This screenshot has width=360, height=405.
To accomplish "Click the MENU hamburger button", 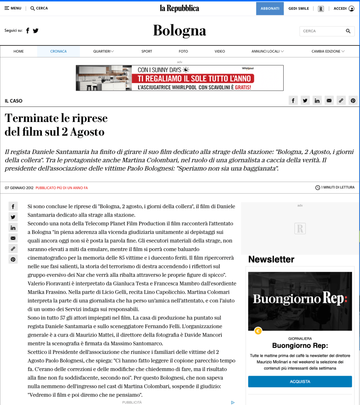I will pos(13,8).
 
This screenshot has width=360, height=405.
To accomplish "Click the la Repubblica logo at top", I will pos(180,8).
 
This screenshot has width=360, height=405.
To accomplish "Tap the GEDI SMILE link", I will pos(299,8).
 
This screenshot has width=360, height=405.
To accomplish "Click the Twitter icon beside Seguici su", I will pos(36,30).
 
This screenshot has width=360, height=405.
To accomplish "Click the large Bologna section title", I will pos(180,30).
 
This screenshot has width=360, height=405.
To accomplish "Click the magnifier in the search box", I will pos(348,31).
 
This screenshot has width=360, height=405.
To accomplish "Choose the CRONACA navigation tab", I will pos(59,51).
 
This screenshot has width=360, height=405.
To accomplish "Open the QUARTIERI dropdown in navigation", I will pos(104,51).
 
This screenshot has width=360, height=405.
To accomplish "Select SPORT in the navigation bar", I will pos(147,51).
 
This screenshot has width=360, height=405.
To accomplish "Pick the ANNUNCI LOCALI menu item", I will pos(268,51).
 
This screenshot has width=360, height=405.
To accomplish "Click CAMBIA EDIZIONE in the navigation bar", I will pos(328,51).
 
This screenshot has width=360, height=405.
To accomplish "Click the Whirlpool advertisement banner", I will pos(180,78).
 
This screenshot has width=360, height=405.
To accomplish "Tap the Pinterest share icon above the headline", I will pos(353,101).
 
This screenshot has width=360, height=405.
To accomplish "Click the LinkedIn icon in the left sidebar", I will pos(13,228).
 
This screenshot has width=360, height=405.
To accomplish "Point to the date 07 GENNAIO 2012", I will pos(19,188).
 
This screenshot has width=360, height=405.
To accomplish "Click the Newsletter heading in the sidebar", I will pos(271,259).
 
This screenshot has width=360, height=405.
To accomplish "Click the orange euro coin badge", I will pos(258,331).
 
